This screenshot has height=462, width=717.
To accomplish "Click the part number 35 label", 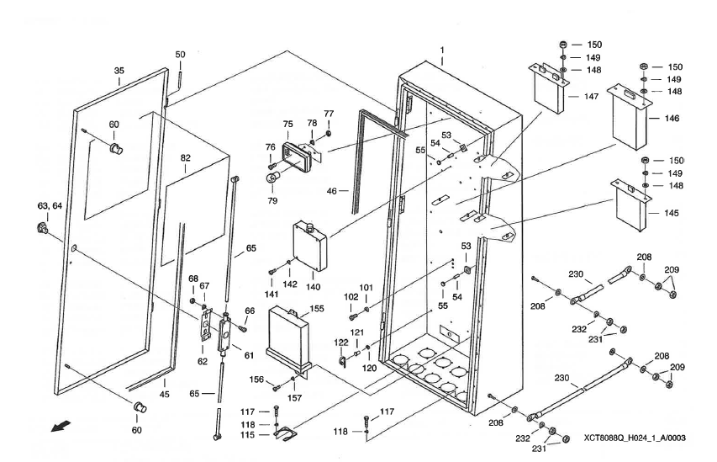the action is pos(119,71).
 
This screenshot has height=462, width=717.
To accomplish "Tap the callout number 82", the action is pos(185,158).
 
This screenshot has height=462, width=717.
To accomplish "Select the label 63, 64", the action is pos(50,206).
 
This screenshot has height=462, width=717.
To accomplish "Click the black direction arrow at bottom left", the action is pos(61,427).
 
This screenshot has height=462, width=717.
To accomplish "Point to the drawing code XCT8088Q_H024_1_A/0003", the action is pos(635,438).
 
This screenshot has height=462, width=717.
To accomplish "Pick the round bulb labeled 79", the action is pos(273,178).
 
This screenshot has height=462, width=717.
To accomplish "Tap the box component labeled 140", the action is pos(311,246).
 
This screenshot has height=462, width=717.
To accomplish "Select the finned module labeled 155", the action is pos(288,338).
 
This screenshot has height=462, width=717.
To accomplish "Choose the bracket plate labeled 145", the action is pos(631,205).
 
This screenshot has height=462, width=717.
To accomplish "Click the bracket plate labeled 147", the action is pos(550,89).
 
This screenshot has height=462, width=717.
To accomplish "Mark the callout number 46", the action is pos(332,190).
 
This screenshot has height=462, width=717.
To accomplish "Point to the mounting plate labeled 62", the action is pos(206,324).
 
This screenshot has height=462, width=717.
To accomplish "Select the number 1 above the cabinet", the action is pos(442,50).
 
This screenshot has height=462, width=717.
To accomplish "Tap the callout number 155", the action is pos(317,309).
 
